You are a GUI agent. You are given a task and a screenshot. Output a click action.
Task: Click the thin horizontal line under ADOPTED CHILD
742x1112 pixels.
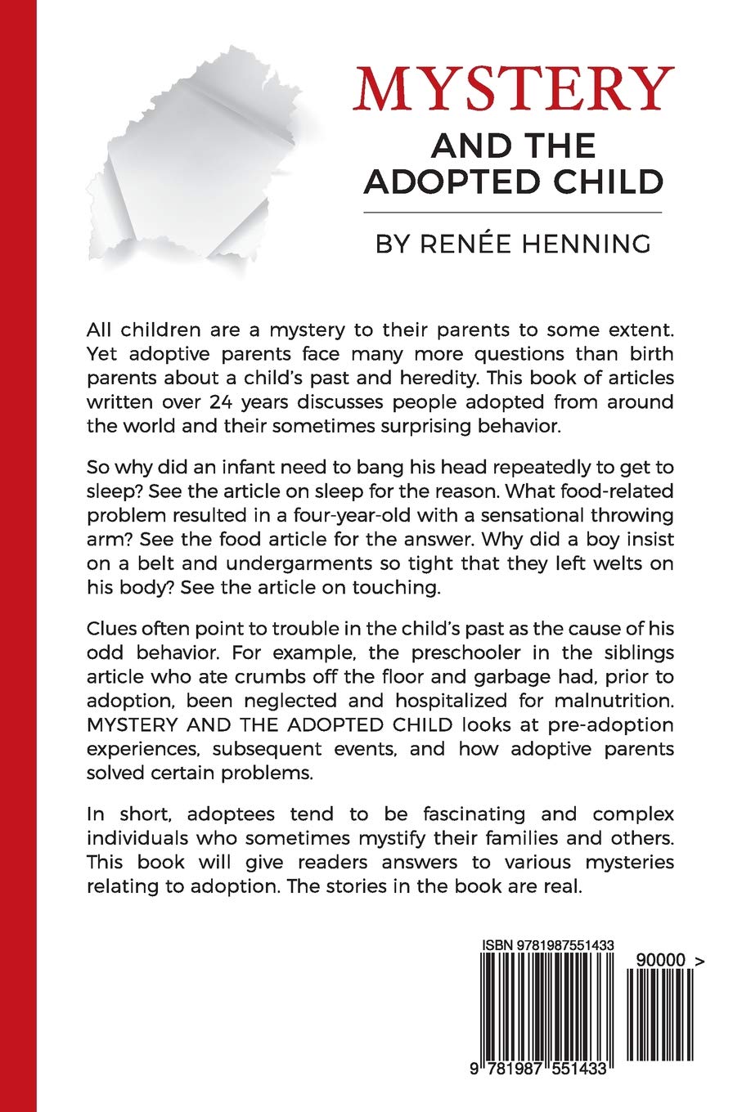[512, 213]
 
